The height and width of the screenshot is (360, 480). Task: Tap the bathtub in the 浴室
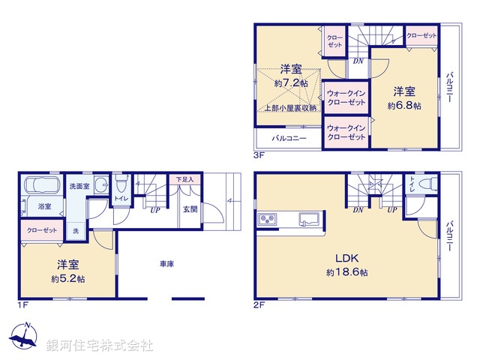click(43, 186)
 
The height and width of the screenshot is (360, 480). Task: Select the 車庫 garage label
click(167, 264)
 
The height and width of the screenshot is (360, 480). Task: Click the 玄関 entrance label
click(190, 210)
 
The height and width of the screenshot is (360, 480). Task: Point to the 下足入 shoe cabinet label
click(185, 180)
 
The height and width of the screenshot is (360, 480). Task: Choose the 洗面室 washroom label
click(79, 186)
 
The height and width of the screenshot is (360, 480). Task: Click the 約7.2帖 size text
click(292, 83)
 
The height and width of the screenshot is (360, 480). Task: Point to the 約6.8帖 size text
click(404, 106)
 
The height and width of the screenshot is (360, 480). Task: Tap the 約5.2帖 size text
click(68, 278)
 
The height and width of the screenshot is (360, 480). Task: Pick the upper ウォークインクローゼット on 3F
click(346, 97)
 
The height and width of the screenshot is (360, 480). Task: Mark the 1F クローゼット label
click(40, 231)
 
